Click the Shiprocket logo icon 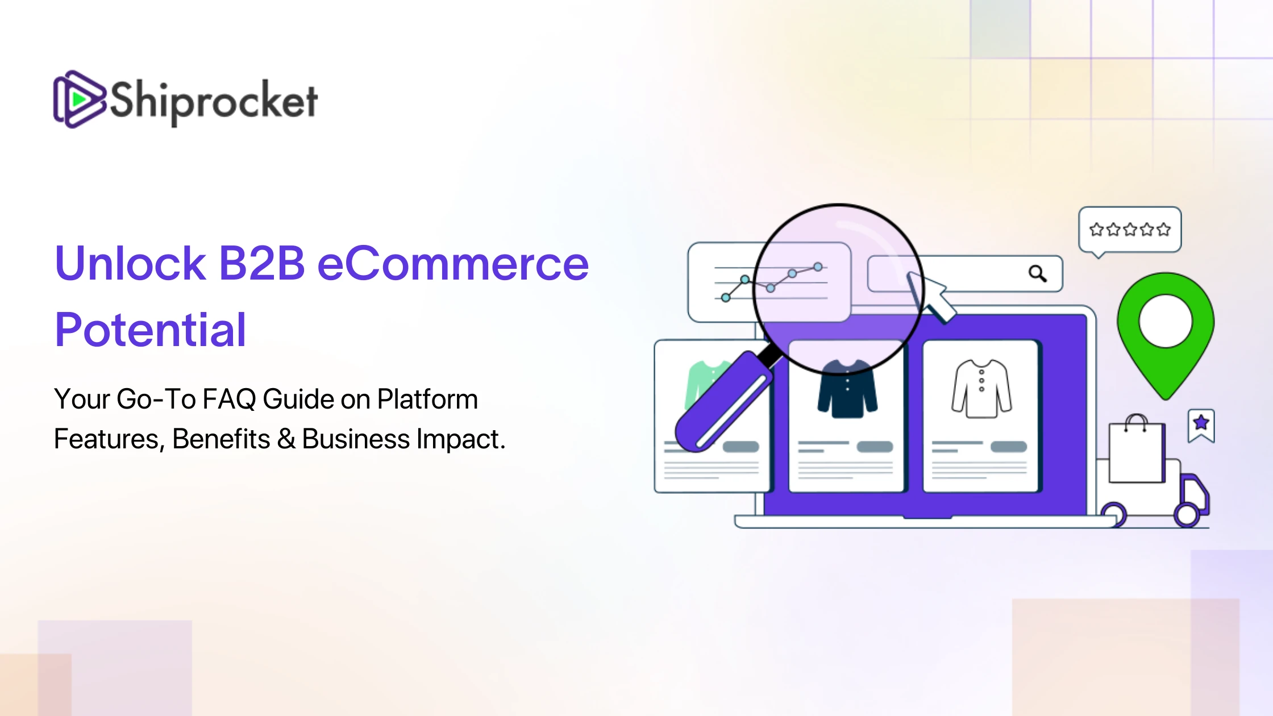tap(80, 99)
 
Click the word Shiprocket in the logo tap(214, 102)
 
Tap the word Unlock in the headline tap(130, 264)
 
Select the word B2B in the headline tap(261, 264)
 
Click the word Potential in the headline tap(151, 330)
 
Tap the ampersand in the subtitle tap(286, 439)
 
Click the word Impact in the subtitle tap(461, 440)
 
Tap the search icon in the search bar tap(1038, 274)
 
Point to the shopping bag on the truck tap(1137, 449)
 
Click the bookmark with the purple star tap(1201, 425)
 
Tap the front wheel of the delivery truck tap(1187, 515)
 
